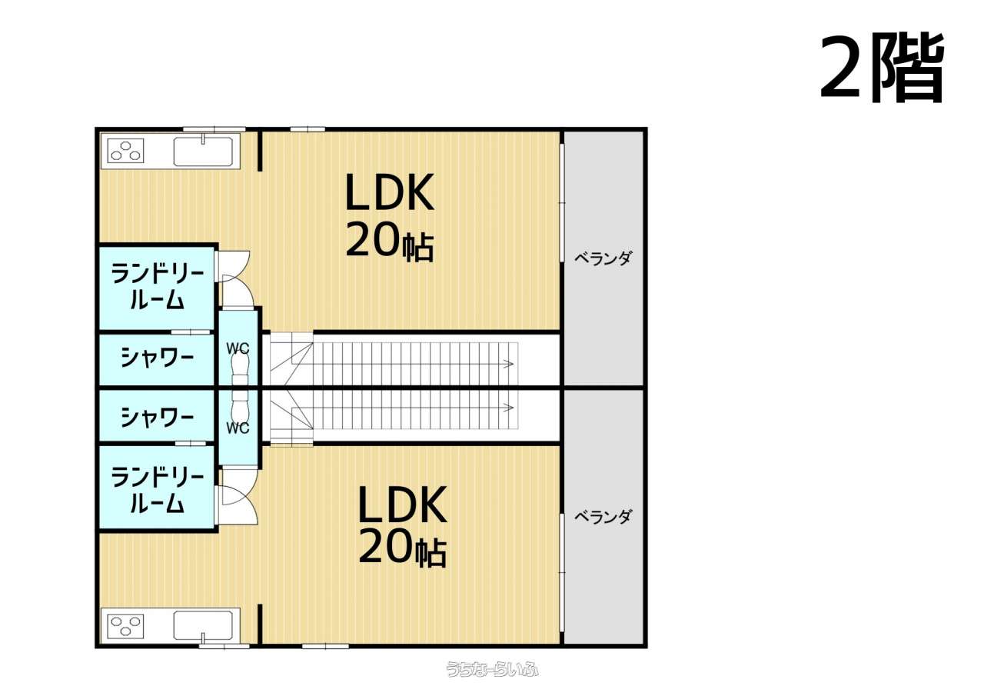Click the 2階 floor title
click(882, 68)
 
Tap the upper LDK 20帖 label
click(390, 217)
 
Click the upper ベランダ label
click(603, 258)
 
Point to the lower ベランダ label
click(603, 517)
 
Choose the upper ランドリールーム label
click(157, 287)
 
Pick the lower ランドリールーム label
click(157, 490)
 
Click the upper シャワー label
click(157, 357)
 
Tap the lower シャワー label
click(157, 417)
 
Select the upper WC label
click(238, 348)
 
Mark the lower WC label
click(238, 428)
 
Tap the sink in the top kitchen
click(203, 152)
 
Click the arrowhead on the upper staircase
click(510, 364)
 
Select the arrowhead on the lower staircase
click(510, 408)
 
